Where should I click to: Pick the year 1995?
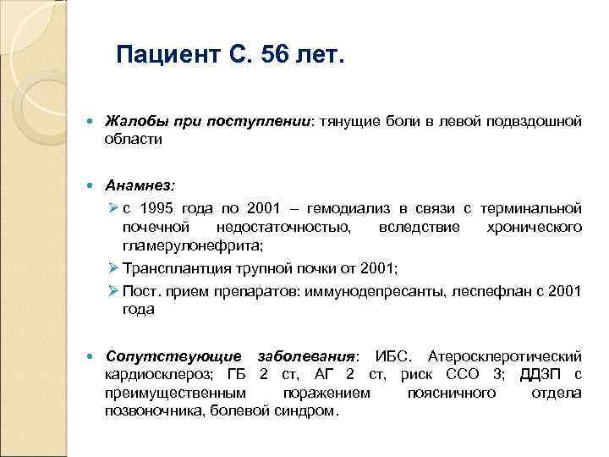click(160, 206)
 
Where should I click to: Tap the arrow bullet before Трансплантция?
click(113, 269)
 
